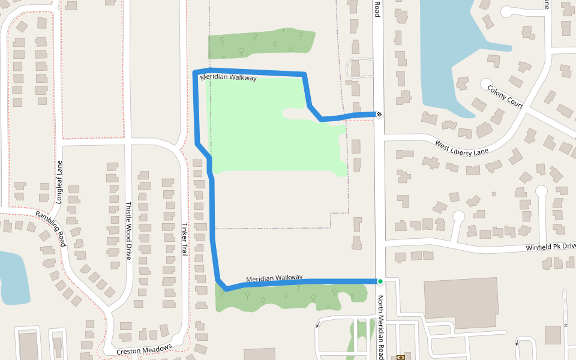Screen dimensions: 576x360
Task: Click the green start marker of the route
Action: [x=380, y=281]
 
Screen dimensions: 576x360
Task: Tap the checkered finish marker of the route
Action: [x=379, y=114]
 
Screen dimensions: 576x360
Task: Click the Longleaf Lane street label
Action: [x=59, y=181]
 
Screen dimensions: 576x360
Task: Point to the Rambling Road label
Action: [x=50, y=228]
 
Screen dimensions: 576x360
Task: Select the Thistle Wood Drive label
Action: [x=128, y=230]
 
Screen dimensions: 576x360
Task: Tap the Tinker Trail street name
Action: [x=185, y=240]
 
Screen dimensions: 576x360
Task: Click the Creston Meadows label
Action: [x=144, y=349]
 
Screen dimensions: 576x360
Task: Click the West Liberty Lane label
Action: [x=461, y=147]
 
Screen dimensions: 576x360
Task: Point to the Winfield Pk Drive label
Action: [x=551, y=247]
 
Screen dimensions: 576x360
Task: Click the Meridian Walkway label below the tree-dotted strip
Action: [x=229, y=77]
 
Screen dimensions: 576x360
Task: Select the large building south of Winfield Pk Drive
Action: [x=461, y=303]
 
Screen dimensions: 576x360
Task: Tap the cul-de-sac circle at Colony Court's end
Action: [x=485, y=83]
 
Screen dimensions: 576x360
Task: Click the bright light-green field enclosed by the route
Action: [x=270, y=126]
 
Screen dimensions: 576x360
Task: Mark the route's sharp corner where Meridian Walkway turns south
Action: [x=194, y=73]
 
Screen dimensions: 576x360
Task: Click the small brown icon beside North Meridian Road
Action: [x=401, y=357]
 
